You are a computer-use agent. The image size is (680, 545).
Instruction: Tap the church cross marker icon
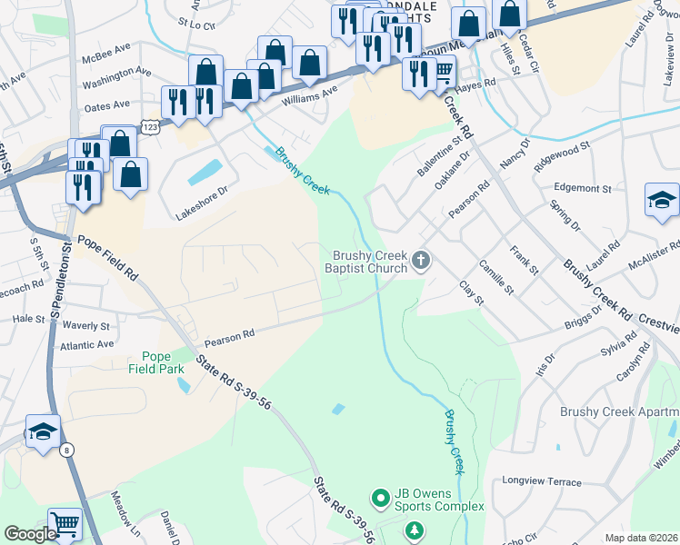coord(420,262)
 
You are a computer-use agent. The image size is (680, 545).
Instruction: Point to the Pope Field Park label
coord(162,363)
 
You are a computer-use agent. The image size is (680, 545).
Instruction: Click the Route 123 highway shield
coord(151,127)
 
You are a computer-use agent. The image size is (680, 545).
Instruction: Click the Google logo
coord(30,534)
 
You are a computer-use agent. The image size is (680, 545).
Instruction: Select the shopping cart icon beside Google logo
coord(65,524)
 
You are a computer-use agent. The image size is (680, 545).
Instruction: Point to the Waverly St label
coord(86,325)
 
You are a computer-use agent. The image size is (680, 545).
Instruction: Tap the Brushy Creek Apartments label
coord(619,412)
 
